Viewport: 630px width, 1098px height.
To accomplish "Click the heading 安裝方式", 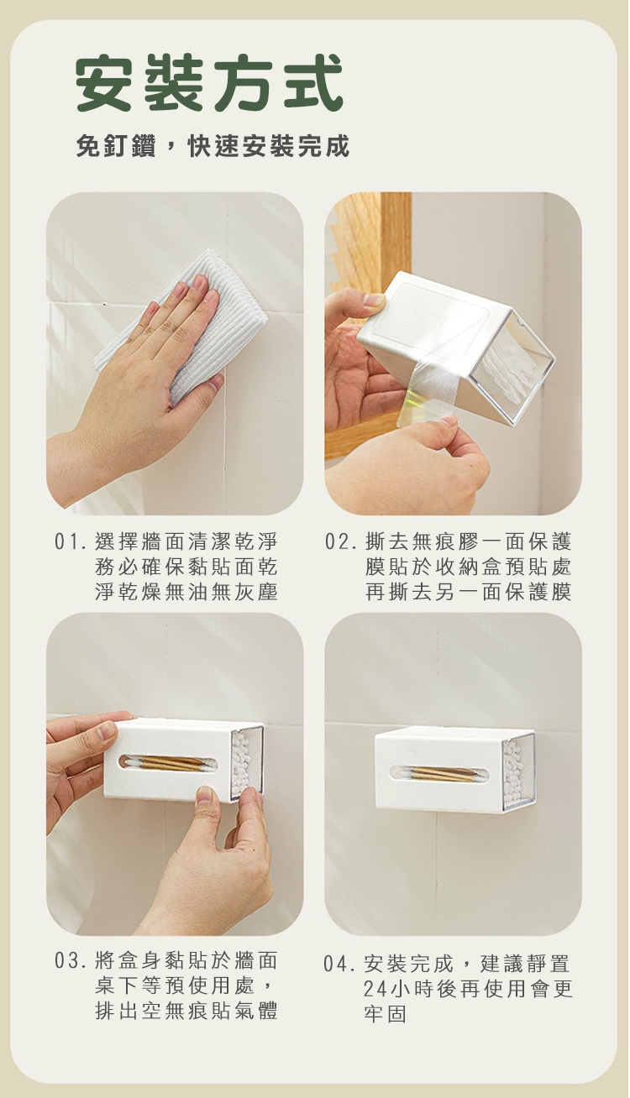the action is point(209,83).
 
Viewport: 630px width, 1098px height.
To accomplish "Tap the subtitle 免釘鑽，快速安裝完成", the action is point(213,145).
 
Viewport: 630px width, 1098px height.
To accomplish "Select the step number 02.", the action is point(338,542).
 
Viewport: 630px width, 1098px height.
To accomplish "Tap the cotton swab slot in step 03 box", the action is point(168,764).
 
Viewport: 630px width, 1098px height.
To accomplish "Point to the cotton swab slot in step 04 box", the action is point(439,773).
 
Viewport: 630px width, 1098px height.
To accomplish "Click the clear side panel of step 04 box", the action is point(517,772).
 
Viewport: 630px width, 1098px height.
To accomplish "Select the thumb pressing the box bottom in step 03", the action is point(205,798).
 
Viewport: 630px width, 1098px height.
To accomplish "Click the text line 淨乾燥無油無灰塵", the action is point(186,592).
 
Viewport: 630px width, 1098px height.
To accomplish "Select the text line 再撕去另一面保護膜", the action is point(469,592).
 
